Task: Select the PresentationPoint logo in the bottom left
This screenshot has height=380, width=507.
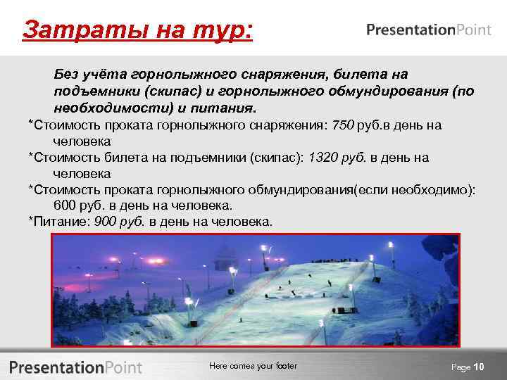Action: point(76,367)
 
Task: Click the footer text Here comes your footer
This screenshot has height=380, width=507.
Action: point(254,366)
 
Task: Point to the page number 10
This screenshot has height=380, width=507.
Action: point(479,367)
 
